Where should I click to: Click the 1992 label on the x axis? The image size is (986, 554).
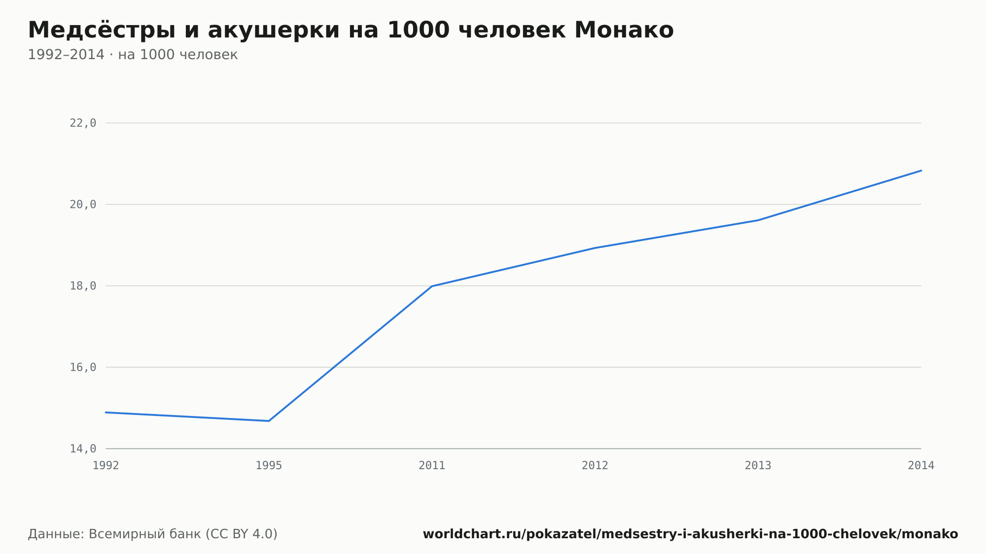[x=106, y=466]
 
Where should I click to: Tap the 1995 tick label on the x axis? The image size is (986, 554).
[x=269, y=466]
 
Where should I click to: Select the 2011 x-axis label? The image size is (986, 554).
[x=432, y=466]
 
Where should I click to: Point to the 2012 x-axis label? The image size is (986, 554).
[x=595, y=466]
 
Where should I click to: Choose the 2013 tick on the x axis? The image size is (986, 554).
[x=758, y=466]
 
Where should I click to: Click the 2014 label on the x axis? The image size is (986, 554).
[x=921, y=466]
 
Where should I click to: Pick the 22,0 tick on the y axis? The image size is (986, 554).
[x=83, y=123]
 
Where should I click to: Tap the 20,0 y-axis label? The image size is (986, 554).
[x=83, y=205]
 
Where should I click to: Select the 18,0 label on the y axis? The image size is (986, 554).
[x=83, y=286]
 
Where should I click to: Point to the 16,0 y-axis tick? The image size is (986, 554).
[x=83, y=367]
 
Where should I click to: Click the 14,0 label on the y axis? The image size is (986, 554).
[x=83, y=449]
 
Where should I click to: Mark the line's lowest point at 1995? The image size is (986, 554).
[x=269, y=421]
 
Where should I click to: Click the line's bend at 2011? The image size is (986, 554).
[x=432, y=286]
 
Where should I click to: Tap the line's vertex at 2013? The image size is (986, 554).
[x=758, y=220]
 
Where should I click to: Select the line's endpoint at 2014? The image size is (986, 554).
[x=921, y=171]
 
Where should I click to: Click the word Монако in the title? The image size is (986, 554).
[x=624, y=30]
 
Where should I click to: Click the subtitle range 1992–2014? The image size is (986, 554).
[x=66, y=55]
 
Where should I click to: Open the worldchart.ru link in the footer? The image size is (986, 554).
[x=690, y=534]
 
